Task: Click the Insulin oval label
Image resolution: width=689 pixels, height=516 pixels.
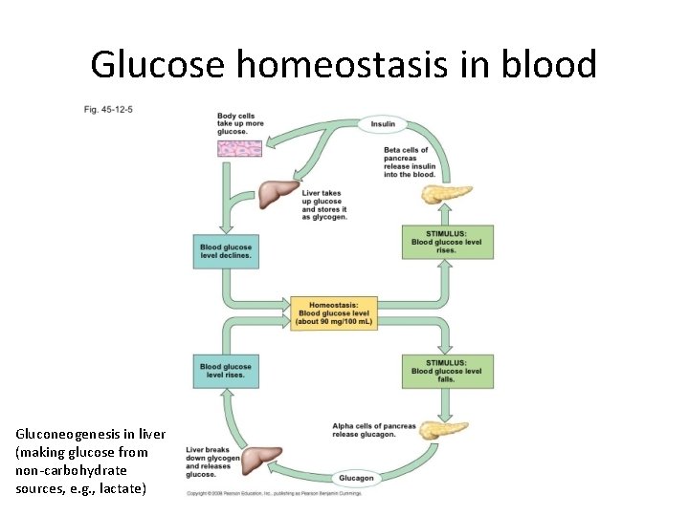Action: pos(383,124)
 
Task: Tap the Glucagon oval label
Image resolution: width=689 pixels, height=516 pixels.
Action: pos(356,478)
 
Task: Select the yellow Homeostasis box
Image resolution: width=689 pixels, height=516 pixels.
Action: pos(334,312)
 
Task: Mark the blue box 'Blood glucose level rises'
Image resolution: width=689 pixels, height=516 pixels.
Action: pos(226,371)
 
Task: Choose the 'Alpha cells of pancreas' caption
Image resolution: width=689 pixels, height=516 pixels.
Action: pos(374,430)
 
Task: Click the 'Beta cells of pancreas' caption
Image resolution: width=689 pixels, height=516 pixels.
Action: pos(410,162)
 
